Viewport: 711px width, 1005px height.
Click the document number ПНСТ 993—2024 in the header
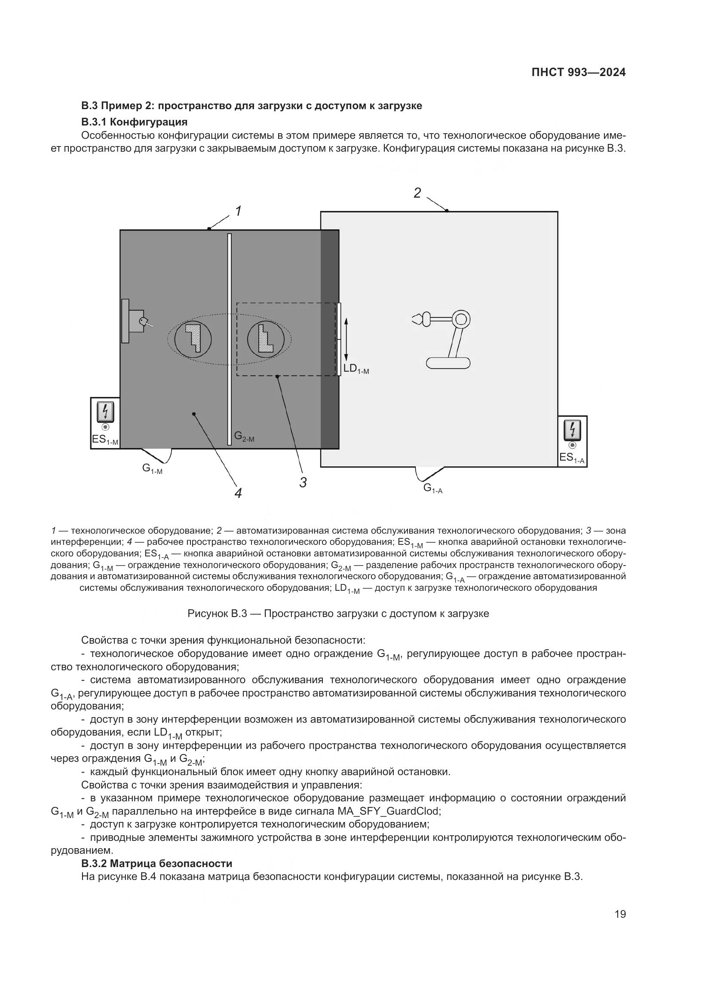click(x=578, y=73)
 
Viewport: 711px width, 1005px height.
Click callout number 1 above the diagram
click(x=238, y=211)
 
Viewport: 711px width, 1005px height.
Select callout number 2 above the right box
click(x=417, y=193)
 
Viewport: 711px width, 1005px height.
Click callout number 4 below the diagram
click(x=238, y=493)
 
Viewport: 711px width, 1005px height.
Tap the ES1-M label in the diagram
click(x=104, y=440)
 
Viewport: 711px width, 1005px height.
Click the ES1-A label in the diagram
click(x=572, y=458)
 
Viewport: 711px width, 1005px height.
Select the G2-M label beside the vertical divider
click(x=244, y=437)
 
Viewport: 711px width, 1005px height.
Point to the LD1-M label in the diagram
click(x=356, y=369)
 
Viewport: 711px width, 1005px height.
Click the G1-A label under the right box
click(x=432, y=488)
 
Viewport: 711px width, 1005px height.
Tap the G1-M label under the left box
click(x=152, y=468)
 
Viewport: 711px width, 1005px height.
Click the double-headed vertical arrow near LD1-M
click(x=346, y=339)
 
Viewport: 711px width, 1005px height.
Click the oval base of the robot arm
click(x=448, y=363)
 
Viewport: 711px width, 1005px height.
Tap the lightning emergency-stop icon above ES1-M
click(x=105, y=412)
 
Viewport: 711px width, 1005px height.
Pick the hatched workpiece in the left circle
click(x=193, y=338)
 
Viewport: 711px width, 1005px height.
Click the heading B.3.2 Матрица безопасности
click(x=156, y=864)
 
